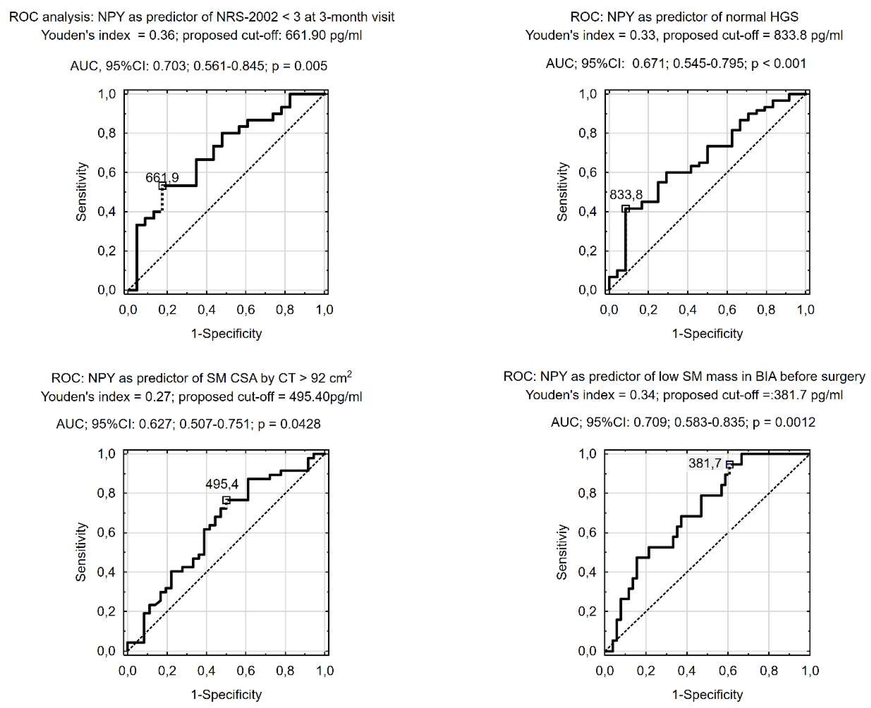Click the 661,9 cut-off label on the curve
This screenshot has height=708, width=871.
(x=162, y=178)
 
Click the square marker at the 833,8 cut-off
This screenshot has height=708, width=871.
(x=625, y=208)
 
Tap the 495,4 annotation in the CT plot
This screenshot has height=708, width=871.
(x=222, y=484)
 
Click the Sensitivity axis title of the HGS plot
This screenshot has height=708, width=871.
(x=562, y=192)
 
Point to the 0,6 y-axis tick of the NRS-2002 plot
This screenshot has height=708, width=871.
(x=107, y=172)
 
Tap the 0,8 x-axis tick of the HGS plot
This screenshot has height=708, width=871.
(x=766, y=310)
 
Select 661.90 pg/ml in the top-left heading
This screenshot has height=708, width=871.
(x=323, y=35)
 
